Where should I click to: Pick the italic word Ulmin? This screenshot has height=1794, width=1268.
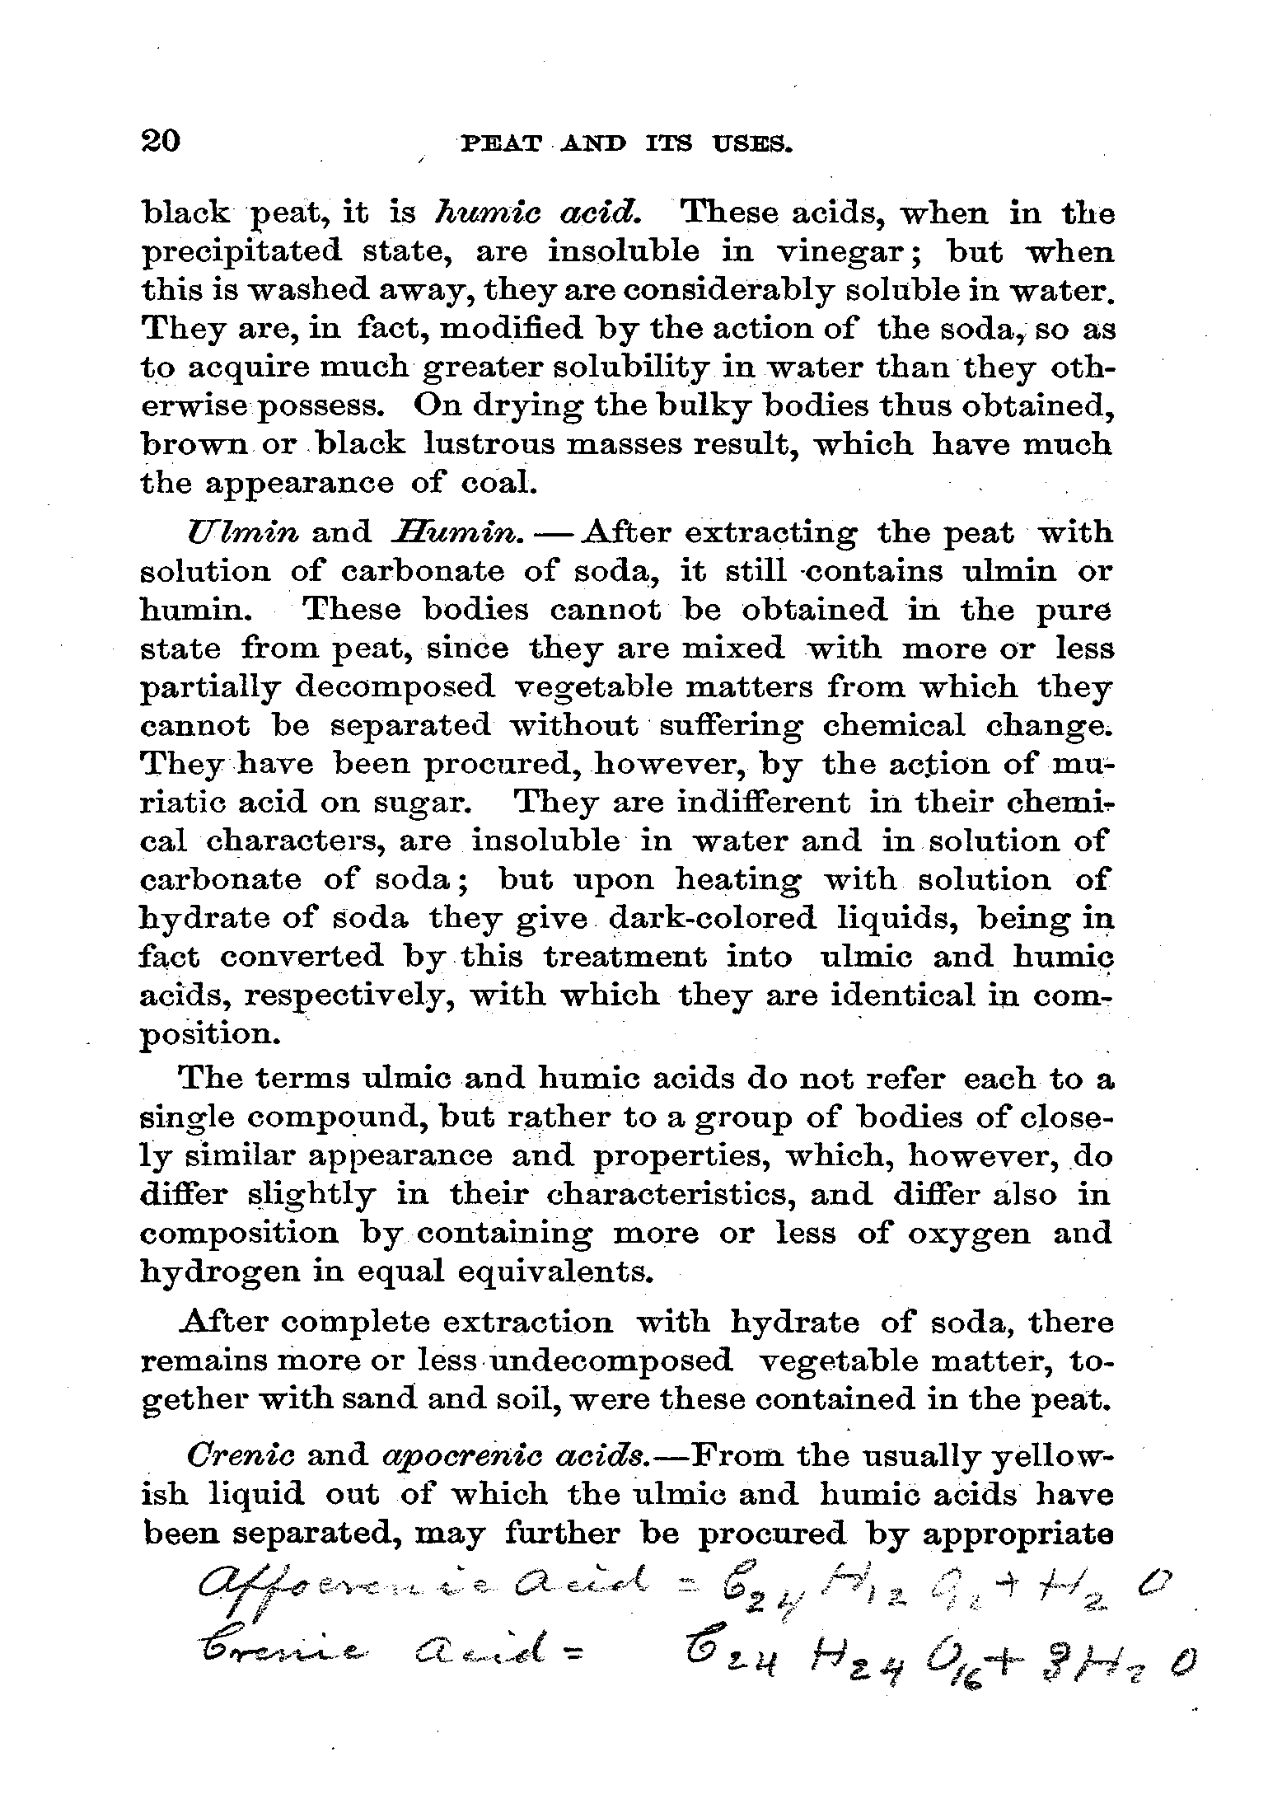point(242,532)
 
